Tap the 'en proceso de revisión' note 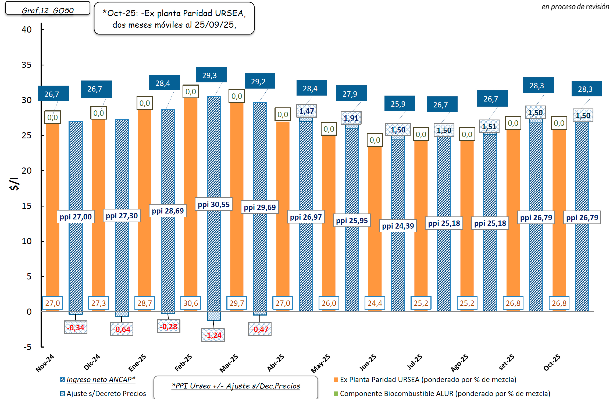coord(575,7)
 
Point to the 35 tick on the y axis coord(27,65)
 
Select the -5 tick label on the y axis coord(27,347)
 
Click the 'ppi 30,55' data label coord(214,205)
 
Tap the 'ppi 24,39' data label coord(398,226)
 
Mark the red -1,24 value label coord(213,335)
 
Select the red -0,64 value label coord(122,329)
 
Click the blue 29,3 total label coord(211,75)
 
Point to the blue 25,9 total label coord(400,104)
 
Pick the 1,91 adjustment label coord(351,118)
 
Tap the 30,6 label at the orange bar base coord(191,303)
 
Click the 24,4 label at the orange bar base coord(375,303)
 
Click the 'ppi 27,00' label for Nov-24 coord(76,217)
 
